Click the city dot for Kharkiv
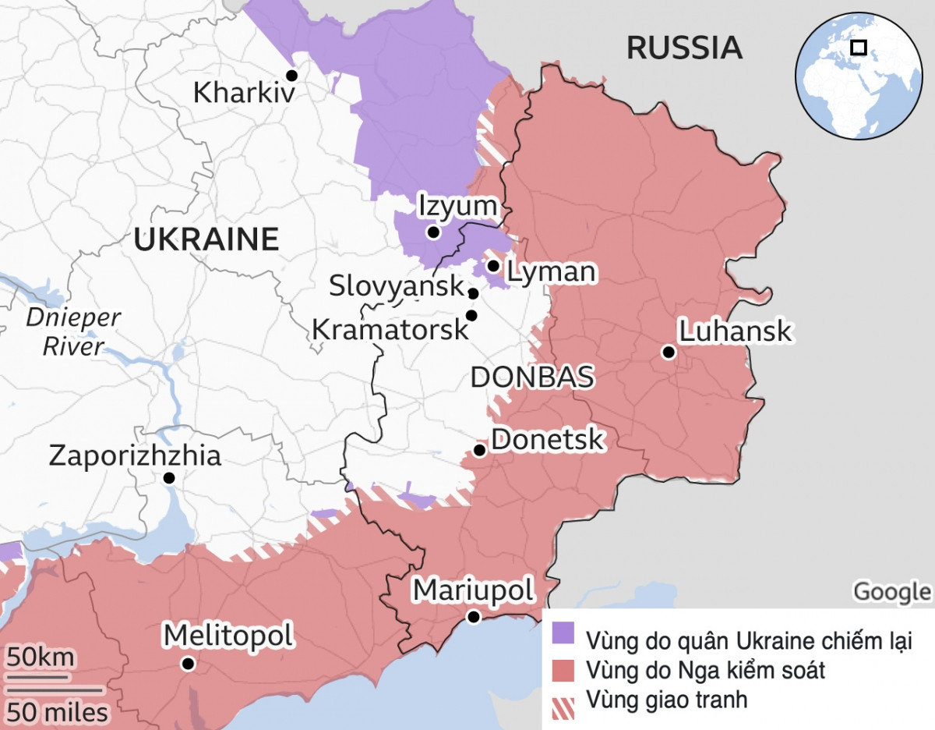tap(292, 75)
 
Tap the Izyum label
tap(457, 207)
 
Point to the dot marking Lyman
tap(492, 266)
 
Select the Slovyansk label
tap(397, 286)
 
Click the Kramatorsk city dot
tap(471, 315)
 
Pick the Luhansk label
tap(735, 331)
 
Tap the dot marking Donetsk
tap(480, 450)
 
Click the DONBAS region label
tap(532, 377)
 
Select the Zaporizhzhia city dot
tap(168, 478)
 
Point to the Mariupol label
tap(473, 590)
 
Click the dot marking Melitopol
tap(188, 664)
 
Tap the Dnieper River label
tap(73, 331)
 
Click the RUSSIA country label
tap(684, 48)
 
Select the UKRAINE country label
tap(206, 239)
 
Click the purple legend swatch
tap(563, 633)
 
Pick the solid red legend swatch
tap(563, 669)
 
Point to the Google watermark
tap(891, 592)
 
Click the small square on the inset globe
tap(858, 48)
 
